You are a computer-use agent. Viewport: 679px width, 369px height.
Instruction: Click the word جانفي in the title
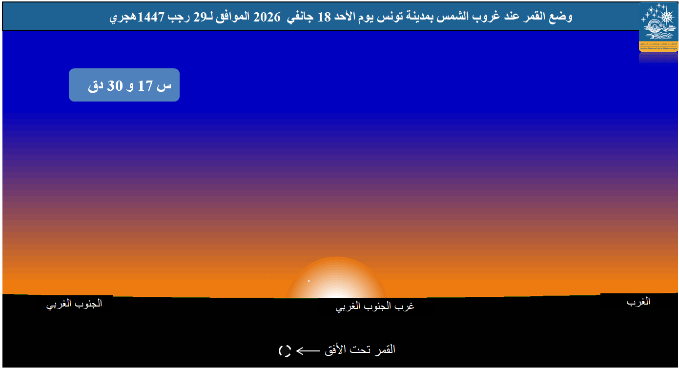[300, 18]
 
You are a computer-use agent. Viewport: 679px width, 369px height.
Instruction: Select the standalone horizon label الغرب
[638, 302]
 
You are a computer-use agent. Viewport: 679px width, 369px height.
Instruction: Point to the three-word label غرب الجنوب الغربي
[375, 307]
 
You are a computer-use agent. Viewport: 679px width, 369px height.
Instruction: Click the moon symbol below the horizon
[285, 350]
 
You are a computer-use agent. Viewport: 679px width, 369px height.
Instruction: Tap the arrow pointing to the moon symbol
[308, 350]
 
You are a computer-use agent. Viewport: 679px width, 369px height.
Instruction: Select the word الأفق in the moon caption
[336, 349]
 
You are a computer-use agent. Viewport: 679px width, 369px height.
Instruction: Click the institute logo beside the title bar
[658, 26]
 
